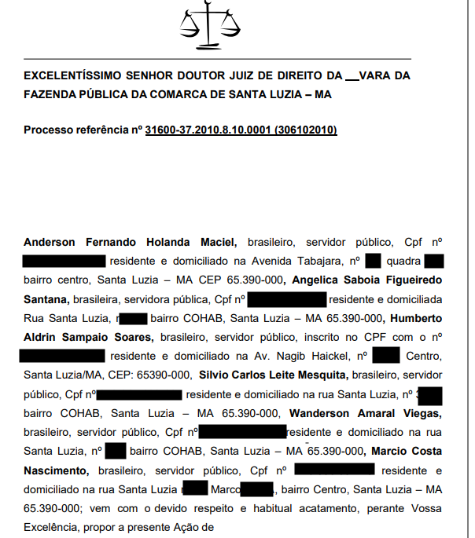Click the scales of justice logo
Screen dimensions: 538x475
pyautogui.click(x=210, y=26)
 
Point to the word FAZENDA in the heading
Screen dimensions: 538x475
pyautogui.click(x=50, y=93)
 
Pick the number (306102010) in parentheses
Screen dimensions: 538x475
pyautogui.click(x=306, y=130)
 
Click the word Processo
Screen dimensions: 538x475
pyautogui.click(x=49, y=130)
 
